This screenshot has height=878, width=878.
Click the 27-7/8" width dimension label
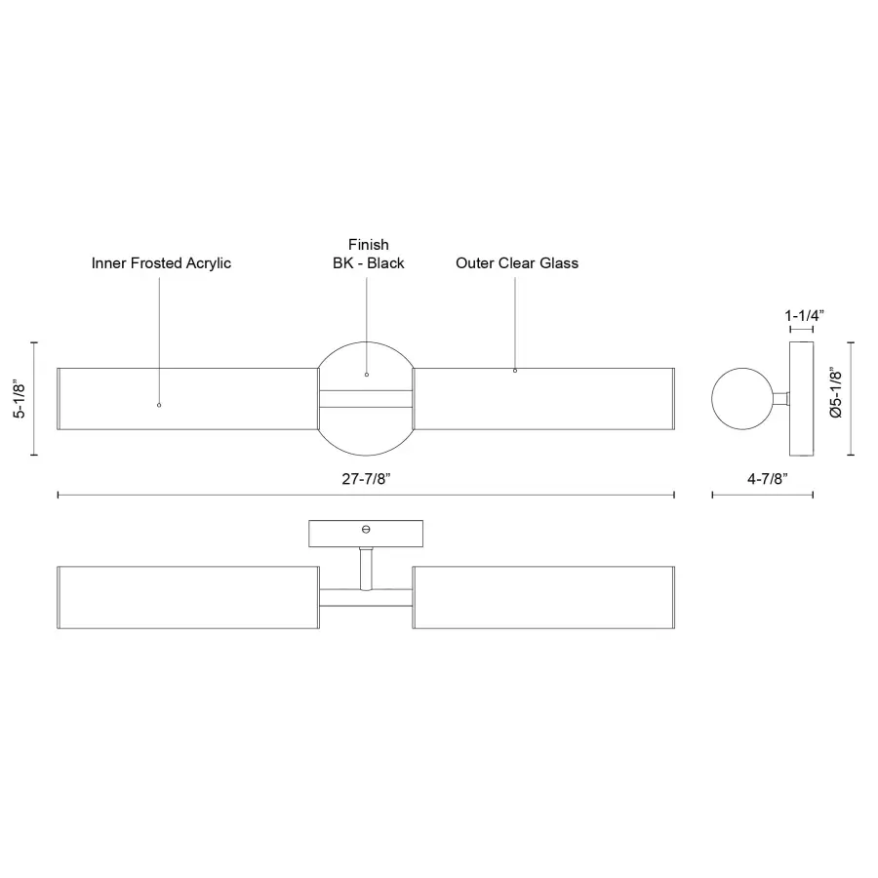[x=366, y=478]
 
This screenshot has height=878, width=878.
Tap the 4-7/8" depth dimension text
[x=762, y=478]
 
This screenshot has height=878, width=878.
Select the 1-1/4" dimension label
[x=805, y=316]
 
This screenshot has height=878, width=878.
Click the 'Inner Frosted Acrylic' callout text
[x=161, y=263]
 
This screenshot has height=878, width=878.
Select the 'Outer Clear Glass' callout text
[x=517, y=263]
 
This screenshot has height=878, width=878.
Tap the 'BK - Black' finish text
[x=368, y=263]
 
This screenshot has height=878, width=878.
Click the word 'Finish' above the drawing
[x=368, y=244]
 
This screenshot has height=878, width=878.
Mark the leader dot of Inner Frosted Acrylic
[x=159, y=404]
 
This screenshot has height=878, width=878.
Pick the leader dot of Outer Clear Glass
[x=515, y=371]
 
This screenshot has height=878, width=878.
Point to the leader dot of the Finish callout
[x=367, y=374]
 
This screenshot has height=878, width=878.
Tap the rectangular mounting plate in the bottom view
[x=366, y=534]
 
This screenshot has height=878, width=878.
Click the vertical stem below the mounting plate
[x=366, y=568]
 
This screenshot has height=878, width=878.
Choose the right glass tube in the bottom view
[x=543, y=596]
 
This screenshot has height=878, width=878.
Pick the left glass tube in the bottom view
[x=187, y=596]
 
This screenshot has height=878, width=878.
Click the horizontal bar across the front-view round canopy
[x=366, y=399]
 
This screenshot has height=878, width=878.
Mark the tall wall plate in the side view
[x=802, y=399]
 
